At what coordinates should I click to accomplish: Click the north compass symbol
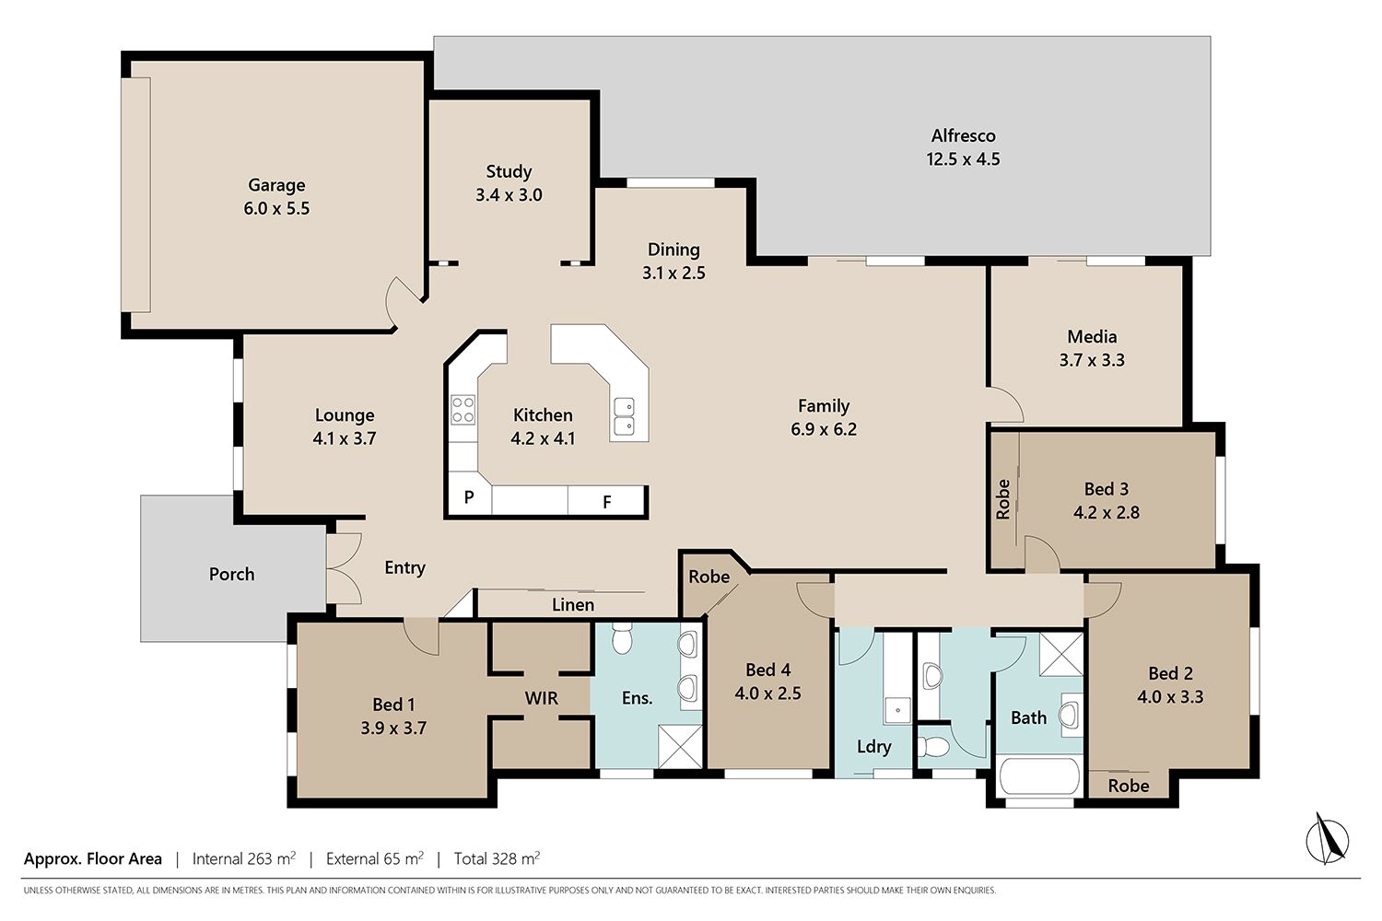pos(1327,839)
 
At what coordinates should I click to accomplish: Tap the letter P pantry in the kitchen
pos(469,496)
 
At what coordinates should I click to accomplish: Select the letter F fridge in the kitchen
pos(606,502)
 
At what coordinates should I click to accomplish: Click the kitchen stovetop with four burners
pos(463,410)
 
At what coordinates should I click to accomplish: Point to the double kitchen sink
pos(624,416)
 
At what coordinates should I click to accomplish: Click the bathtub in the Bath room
pos(1039,776)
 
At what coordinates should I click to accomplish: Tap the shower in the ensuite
pos(680,746)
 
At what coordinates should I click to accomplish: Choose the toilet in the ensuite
pos(622,637)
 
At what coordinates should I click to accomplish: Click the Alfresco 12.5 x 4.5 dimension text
pos(963,159)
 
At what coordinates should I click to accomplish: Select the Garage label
pos(276,185)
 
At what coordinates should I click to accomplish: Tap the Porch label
pos(231,575)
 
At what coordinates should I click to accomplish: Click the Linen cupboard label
pos(573,605)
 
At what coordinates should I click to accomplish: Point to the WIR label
pos(541,698)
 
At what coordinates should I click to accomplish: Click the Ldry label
pos(873,747)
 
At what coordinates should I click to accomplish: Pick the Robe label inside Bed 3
pos(1002,499)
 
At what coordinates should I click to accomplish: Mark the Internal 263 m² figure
pos(244,858)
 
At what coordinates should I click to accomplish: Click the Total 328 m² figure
pos(497,858)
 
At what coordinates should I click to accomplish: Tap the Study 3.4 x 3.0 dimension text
pos(509,195)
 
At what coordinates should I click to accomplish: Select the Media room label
pos(1092,337)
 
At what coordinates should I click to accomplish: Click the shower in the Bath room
pos(1061,654)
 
